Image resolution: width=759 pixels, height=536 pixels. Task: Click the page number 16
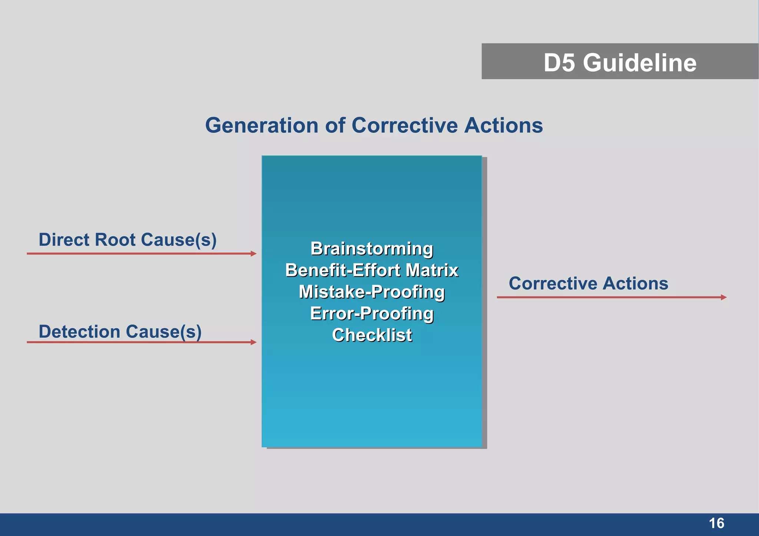coord(716,523)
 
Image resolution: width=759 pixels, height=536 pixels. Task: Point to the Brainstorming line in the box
coord(372,249)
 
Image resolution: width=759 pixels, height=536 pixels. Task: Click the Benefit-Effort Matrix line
coord(372,270)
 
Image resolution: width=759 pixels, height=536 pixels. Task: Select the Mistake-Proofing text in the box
coord(372,292)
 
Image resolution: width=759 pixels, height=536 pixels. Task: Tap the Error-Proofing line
coord(372,313)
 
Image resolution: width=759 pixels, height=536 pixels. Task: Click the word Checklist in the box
coord(372,335)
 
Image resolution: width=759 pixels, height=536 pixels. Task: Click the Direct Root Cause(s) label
coord(127,240)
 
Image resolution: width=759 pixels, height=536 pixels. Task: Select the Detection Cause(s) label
coord(120,332)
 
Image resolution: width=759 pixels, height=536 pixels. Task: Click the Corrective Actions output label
coord(588,283)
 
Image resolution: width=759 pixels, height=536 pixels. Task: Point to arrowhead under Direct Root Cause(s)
coord(253,254)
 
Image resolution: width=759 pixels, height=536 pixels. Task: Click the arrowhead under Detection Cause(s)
coord(253,342)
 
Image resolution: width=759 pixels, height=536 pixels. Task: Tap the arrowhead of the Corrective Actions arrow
coord(723,297)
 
